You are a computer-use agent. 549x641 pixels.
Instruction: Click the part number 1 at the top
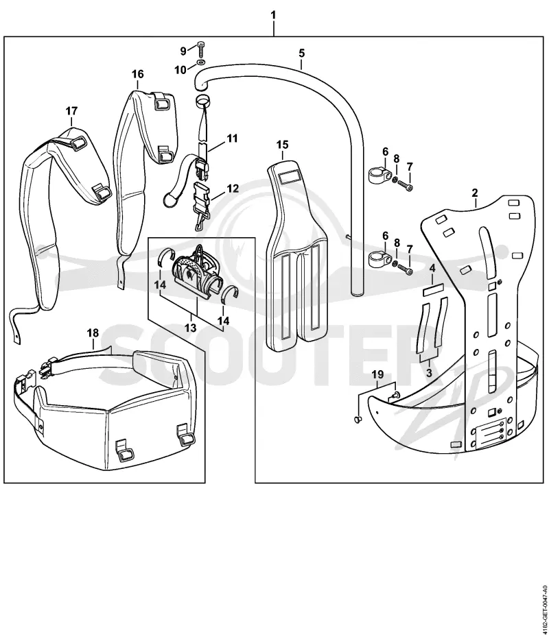pyautogui.click(x=273, y=15)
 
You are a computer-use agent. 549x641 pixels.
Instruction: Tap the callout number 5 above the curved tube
pyautogui.click(x=302, y=53)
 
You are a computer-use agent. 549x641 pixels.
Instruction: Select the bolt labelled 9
pyautogui.click(x=200, y=49)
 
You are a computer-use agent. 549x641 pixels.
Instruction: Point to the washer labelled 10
pyautogui.click(x=200, y=62)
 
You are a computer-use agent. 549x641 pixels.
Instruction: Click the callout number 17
pyautogui.click(x=71, y=111)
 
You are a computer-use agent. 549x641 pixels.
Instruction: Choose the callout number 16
pyautogui.click(x=138, y=74)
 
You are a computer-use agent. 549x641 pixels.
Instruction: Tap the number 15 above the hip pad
pyautogui.click(x=282, y=145)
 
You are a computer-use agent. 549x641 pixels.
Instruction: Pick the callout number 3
pyautogui.click(x=429, y=372)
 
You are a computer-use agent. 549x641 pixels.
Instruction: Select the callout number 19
pyautogui.click(x=378, y=374)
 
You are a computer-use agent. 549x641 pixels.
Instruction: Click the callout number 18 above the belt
pyautogui.click(x=93, y=333)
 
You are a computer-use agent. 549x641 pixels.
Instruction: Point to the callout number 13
pyautogui.click(x=191, y=328)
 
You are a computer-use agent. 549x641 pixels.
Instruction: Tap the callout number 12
pyautogui.click(x=233, y=189)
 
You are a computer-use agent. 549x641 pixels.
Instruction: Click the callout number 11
pyautogui.click(x=232, y=138)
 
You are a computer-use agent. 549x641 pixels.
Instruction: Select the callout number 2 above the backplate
pyautogui.click(x=475, y=193)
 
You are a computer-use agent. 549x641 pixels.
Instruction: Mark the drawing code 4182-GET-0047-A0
pyautogui.click(x=544, y=609)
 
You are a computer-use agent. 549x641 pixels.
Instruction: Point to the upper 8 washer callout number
pyautogui.click(x=397, y=158)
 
